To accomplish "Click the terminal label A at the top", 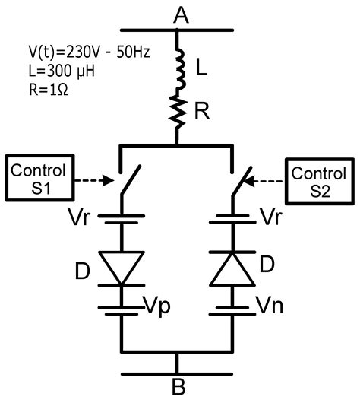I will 179,13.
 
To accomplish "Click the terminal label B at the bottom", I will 178,386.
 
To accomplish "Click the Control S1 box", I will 36,176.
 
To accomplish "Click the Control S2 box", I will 317,176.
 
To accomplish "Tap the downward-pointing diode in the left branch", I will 121,267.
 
